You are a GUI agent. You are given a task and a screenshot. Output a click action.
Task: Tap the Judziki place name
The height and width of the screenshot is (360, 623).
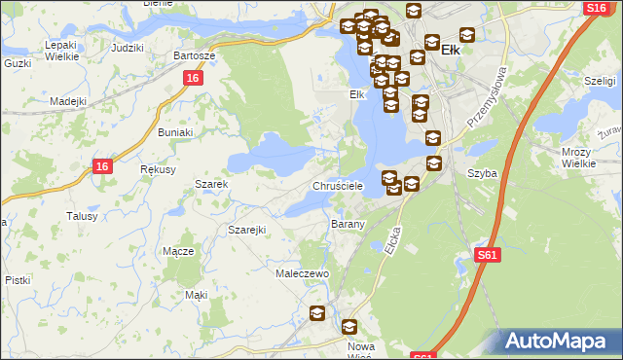(x=128, y=47)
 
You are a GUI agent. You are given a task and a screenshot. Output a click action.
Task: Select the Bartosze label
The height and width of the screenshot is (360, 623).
(x=193, y=55)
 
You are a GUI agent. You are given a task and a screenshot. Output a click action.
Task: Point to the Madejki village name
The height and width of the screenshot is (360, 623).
(x=68, y=100)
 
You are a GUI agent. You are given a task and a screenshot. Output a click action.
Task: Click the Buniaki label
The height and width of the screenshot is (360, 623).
(x=175, y=130)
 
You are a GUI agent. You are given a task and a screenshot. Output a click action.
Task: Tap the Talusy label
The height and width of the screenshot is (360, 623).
(x=82, y=216)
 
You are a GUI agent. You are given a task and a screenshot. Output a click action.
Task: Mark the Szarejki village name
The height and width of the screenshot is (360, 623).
(x=247, y=229)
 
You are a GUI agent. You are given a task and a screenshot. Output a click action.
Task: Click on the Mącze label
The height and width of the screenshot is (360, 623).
(x=178, y=250)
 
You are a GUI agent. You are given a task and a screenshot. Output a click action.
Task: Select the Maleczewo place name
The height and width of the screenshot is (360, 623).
(x=303, y=273)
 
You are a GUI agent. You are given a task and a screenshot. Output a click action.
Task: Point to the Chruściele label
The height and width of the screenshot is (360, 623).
(x=338, y=185)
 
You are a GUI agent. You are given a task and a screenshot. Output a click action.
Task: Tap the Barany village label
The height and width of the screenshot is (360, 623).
(x=348, y=224)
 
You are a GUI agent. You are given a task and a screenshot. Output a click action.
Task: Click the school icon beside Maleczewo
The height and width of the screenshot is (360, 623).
(x=317, y=312)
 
